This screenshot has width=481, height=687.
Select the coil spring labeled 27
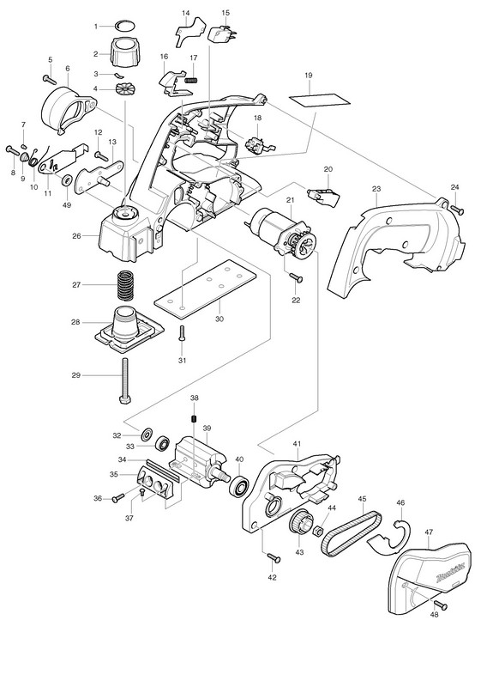pos(125,285)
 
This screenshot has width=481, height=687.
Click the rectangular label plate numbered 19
pos(320,100)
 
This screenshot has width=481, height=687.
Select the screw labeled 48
pos(441,605)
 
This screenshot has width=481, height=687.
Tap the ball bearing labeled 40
pos(239,486)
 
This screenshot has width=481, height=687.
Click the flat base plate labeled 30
pos(205,288)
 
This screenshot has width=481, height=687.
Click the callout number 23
pos(376,189)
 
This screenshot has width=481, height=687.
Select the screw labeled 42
pos(274,557)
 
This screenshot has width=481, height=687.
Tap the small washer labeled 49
pos(68,179)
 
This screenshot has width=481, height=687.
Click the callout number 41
pos(298,444)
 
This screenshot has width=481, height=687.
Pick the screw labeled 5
pos(50,79)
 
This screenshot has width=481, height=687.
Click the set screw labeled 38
pos(192,419)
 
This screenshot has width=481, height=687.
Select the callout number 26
pos(77,235)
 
